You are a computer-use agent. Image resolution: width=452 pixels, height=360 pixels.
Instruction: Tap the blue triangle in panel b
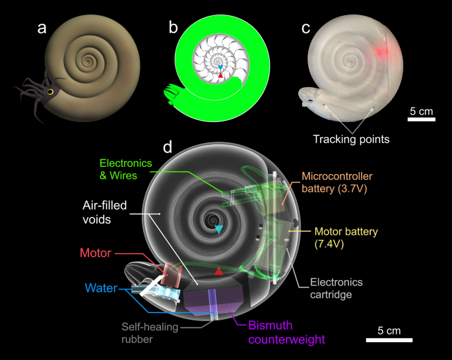[x=221, y=67]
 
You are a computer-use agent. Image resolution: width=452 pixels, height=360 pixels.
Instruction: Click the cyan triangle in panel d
[x=218, y=229]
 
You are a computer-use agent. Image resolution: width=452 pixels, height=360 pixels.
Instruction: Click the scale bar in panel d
[x=390, y=340]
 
